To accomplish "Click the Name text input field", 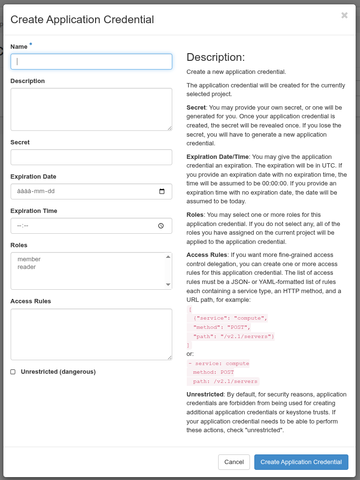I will tap(91, 61).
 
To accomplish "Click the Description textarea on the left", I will tap(91, 109).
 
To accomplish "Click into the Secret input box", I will tap(91, 157).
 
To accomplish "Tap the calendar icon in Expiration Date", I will tap(162, 191).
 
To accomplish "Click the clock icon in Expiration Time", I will tap(161, 226).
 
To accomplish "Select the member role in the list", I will tap(29, 259).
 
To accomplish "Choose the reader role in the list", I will tap(27, 267).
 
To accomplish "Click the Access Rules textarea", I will tap(91, 334).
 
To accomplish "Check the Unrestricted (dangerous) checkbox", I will tap(13, 372).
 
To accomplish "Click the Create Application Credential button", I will tap(301, 462).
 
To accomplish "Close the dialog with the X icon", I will tap(344, 15).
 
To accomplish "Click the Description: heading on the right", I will tap(216, 57).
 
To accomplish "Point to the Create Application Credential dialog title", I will tap(82, 20).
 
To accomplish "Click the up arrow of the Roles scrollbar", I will tap(168, 256).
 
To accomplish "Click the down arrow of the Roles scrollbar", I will tap(168, 285).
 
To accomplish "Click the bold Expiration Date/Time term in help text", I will tap(217, 157).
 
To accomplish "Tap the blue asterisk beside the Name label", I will tap(31, 45).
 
